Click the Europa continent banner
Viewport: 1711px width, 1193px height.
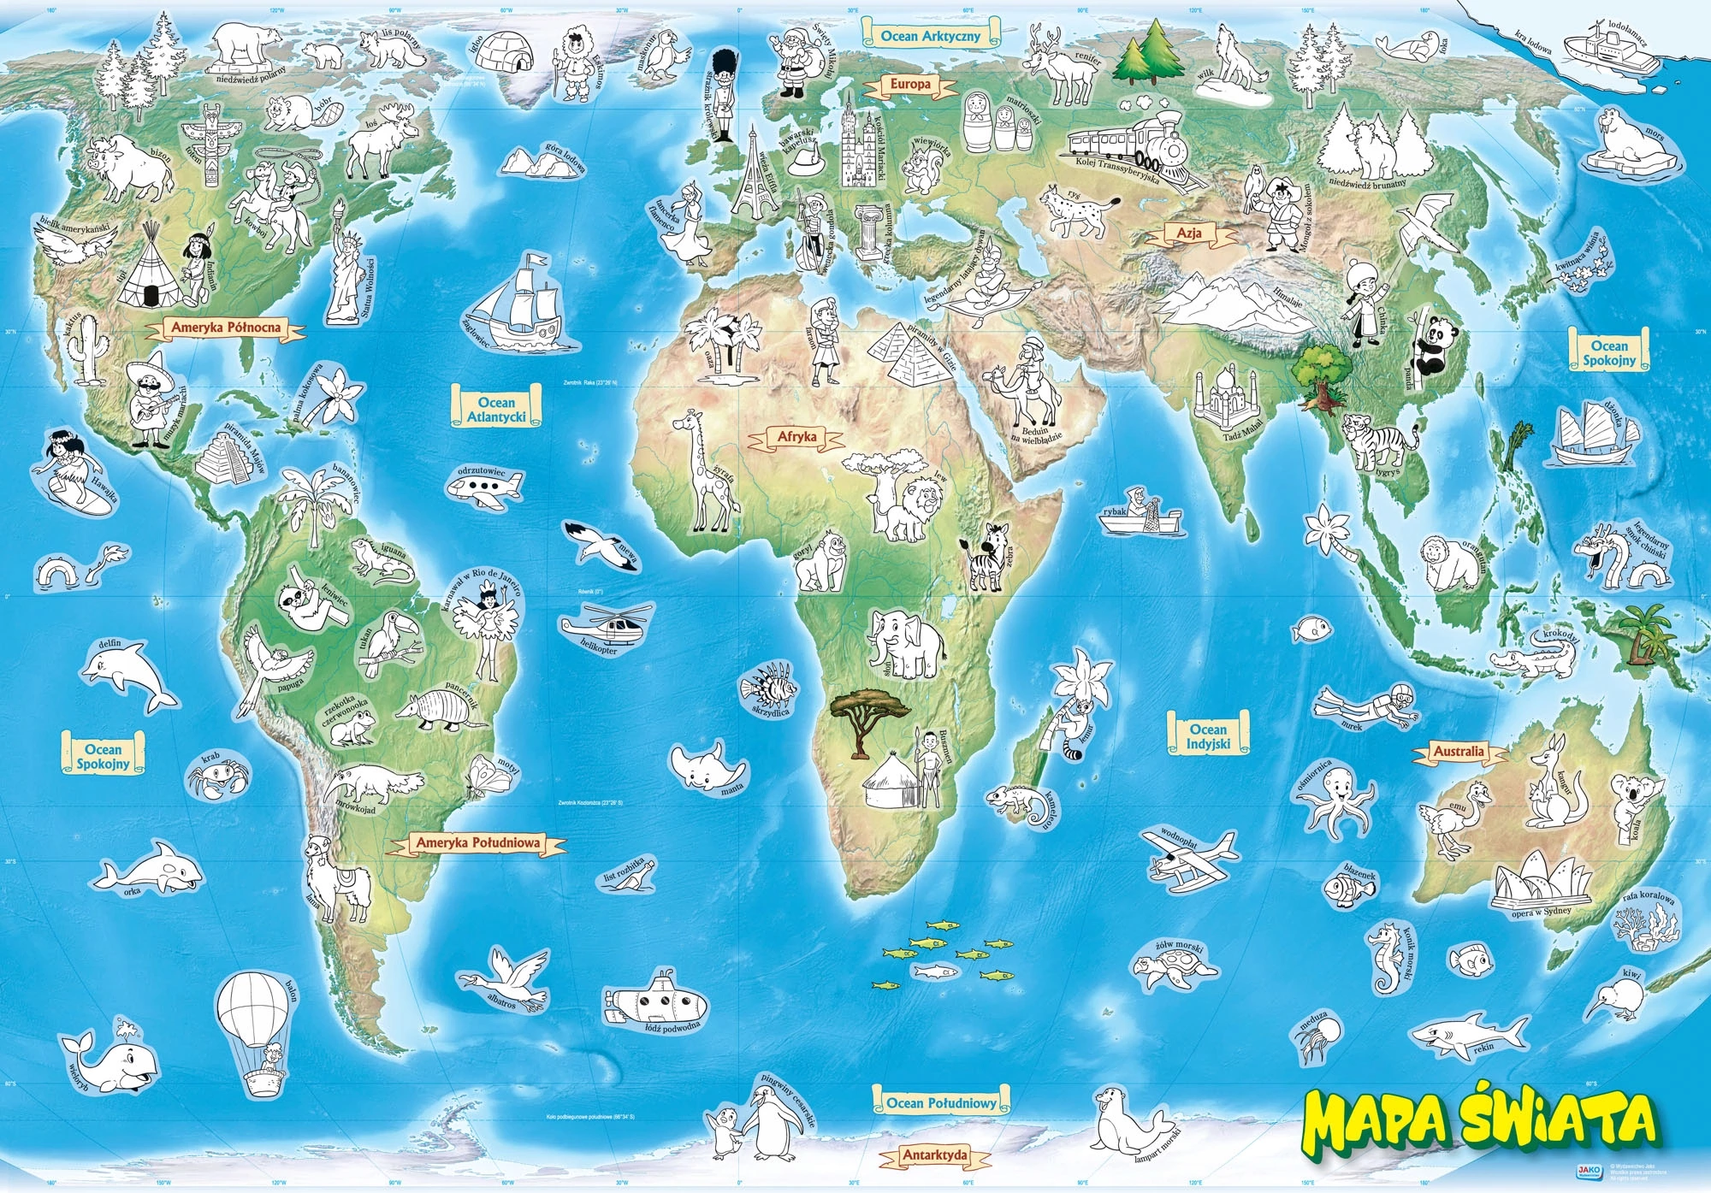pyautogui.click(x=909, y=85)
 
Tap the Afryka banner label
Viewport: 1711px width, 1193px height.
pyautogui.click(x=796, y=438)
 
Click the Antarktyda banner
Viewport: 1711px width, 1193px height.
pyautogui.click(x=935, y=1155)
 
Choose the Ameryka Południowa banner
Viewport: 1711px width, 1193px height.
pyautogui.click(x=477, y=843)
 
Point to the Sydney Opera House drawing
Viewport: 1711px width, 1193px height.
pyautogui.click(x=1541, y=883)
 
